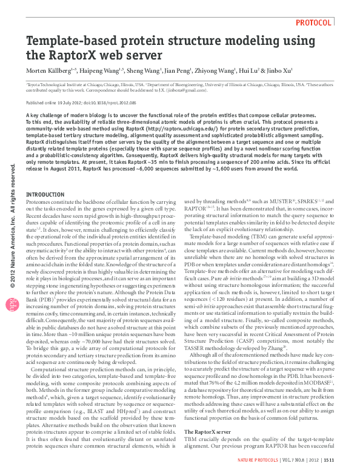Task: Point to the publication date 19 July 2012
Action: coord(71,103)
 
